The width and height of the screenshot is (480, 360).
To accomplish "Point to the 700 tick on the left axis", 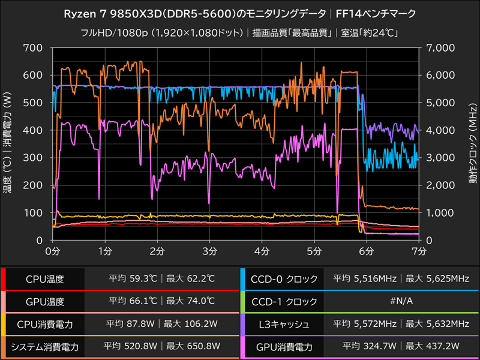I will tap(34, 47).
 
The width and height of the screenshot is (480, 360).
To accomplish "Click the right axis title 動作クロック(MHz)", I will tap(472, 144).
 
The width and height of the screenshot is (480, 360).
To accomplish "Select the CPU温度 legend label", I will tap(44, 279).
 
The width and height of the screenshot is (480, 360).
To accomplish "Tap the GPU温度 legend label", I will tap(44, 302).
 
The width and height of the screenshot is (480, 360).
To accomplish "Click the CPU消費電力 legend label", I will tap(44, 325).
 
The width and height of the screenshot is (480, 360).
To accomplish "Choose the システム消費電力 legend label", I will tap(44, 347).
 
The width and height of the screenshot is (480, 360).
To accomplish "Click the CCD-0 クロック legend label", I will tap(280, 279).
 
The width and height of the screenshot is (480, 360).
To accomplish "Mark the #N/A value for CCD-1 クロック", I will tap(401, 302).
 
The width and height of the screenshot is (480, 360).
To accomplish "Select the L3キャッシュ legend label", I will tap(280, 325).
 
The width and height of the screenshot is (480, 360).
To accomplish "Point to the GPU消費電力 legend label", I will tap(280, 347).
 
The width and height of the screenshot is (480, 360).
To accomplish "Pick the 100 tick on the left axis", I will tap(34, 213).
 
